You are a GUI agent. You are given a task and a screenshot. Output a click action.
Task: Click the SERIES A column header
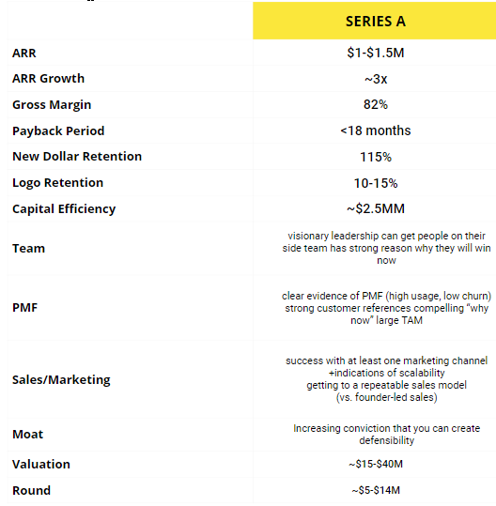[375, 21]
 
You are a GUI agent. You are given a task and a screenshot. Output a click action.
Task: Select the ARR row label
[24, 54]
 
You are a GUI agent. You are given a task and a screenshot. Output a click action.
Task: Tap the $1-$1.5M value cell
[376, 53]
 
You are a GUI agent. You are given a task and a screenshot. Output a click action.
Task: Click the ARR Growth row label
[48, 79]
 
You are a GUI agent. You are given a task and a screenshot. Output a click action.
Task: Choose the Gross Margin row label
[52, 105]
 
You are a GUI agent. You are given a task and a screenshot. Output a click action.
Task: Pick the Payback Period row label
[58, 131]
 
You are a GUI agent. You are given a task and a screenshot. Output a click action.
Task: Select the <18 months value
[376, 130]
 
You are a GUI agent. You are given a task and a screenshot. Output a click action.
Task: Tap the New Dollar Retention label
[76, 157]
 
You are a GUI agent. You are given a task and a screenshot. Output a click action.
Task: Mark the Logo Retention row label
[57, 183]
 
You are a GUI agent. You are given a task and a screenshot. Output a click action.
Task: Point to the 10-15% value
[376, 182]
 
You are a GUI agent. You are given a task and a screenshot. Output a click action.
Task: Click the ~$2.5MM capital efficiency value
[376, 208]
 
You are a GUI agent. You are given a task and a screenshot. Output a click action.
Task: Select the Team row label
[28, 249]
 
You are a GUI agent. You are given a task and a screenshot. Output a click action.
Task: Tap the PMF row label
[26, 306]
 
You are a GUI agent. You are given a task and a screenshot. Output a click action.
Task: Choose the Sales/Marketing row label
[61, 380]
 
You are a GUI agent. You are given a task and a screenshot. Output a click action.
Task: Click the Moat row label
[28, 435]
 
